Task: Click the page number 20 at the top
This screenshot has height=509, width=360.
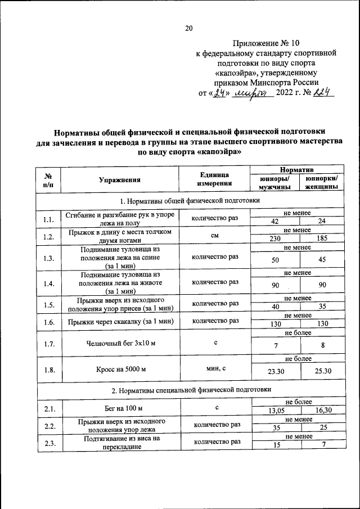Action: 189,28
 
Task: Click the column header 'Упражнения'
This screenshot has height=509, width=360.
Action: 119,180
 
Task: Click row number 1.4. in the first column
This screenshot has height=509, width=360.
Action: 48,283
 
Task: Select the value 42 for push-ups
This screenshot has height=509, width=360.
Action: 275,222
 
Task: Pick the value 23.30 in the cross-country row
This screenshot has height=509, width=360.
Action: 275,371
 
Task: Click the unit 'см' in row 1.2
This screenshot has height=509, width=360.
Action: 215,236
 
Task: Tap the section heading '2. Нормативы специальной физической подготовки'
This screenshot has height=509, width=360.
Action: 191,389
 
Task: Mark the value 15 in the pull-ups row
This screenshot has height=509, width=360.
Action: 275,445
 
